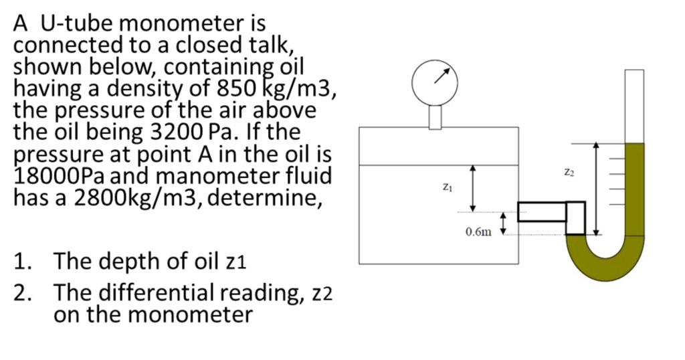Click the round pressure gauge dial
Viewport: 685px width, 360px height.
[x=435, y=82]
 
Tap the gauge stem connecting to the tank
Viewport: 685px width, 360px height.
[x=435, y=116]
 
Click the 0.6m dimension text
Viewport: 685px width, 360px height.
[x=479, y=232]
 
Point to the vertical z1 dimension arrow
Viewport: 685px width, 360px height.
[x=474, y=188]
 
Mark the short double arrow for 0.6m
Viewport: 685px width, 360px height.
[x=505, y=224]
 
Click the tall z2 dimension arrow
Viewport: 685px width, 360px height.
[x=597, y=189]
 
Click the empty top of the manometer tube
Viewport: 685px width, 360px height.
[x=634, y=104]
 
